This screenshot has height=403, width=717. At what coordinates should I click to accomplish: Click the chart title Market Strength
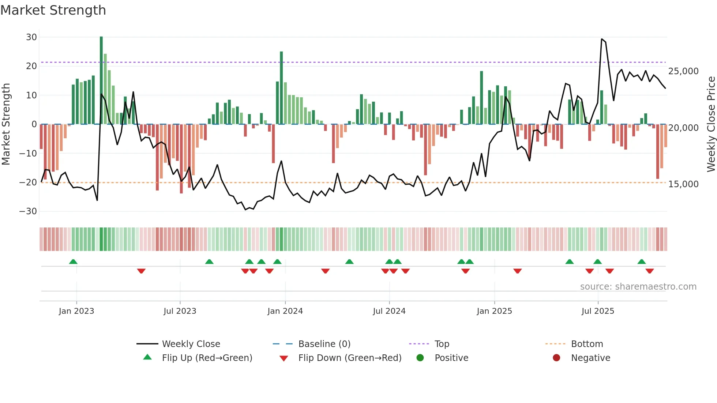pyautogui.click(x=53, y=10)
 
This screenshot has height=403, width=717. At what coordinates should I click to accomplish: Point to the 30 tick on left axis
pyautogui.click(x=31, y=37)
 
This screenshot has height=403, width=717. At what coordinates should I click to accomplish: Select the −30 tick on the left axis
pyautogui.click(x=29, y=211)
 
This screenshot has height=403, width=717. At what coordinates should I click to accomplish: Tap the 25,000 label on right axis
pyautogui.click(x=683, y=71)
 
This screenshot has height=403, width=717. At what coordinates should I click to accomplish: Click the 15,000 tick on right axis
pyautogui.click(x=683, y=184)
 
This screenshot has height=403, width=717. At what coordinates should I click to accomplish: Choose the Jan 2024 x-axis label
pyautogui.click(x=285, y=311)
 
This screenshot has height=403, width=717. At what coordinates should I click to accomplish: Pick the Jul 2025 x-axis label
pyautogui.click(x=598, y=311)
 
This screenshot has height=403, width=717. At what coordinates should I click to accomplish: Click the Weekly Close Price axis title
pyautogui.click(x=711, y=124)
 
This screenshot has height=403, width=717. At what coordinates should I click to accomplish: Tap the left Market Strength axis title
pyautogui.click(x=6, y=124)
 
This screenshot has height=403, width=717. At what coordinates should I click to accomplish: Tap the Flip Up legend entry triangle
pyautogui.click(x=147, y=357)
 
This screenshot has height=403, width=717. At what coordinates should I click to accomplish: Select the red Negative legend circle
pyautogui.click(x=556, y=358)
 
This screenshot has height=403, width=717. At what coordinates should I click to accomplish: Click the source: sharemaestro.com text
pyautogui.click(x=638, y=287)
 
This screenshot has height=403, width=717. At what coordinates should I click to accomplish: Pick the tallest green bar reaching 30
pyautogui.click(x=101, y=80)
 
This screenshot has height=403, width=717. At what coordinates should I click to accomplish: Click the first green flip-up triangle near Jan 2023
pyautogui.click(x=73, y=261)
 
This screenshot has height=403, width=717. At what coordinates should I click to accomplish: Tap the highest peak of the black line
pyautogui.click(x=602, y=39)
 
